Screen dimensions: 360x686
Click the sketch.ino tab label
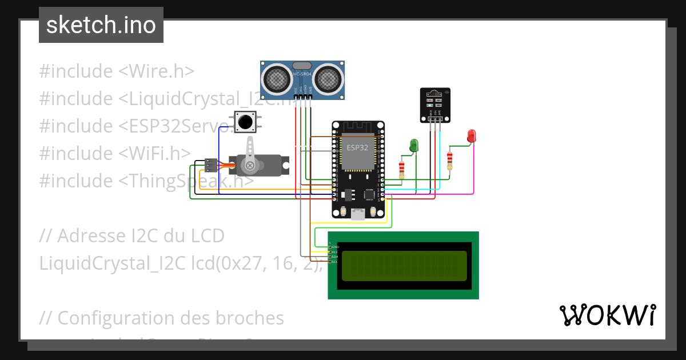(101, 25)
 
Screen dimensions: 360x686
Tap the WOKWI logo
(607, 315)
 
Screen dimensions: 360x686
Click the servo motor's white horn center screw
(250, 165)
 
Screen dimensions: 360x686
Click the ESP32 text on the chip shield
(357, 147)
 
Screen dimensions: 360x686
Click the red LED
(472, 136)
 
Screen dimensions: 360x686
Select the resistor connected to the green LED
(402, 168)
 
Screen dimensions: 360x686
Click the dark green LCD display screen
(403, 265)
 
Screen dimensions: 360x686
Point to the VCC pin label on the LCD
(335, 252)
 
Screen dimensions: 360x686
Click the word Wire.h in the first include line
(165, 71)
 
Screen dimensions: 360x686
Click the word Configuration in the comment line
(111, 318)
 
